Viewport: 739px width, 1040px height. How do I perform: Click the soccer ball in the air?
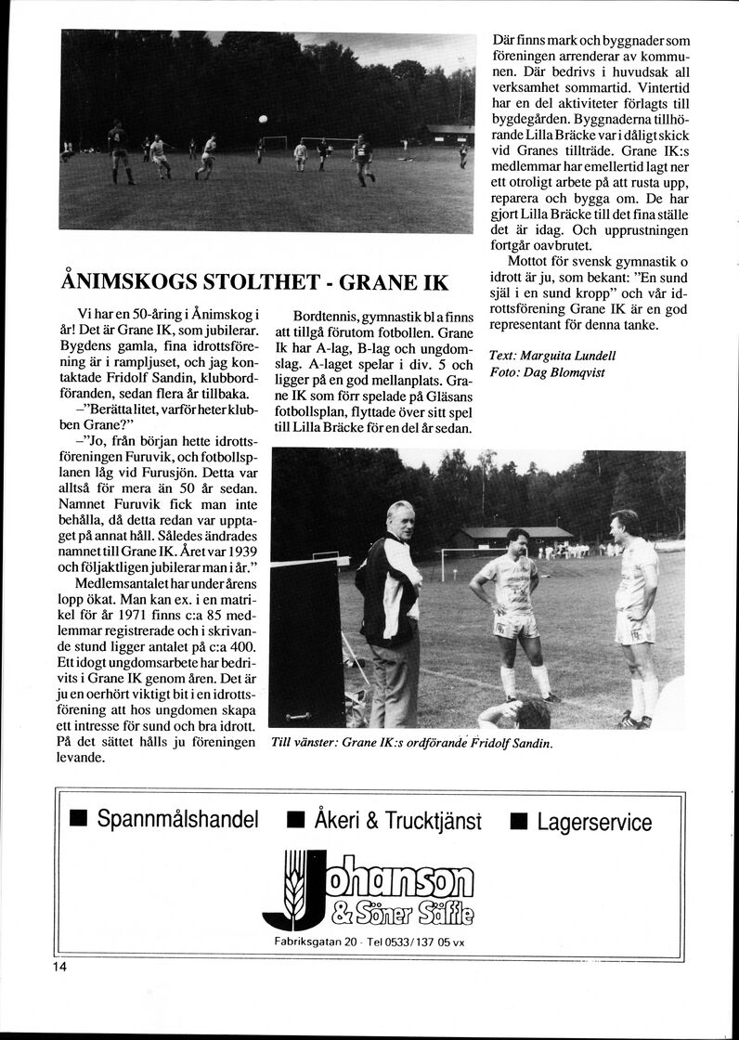263,119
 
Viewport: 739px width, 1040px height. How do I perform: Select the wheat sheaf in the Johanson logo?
295,883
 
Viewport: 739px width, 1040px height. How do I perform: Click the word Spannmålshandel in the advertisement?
177,820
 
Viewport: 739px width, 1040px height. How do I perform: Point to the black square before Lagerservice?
518,821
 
